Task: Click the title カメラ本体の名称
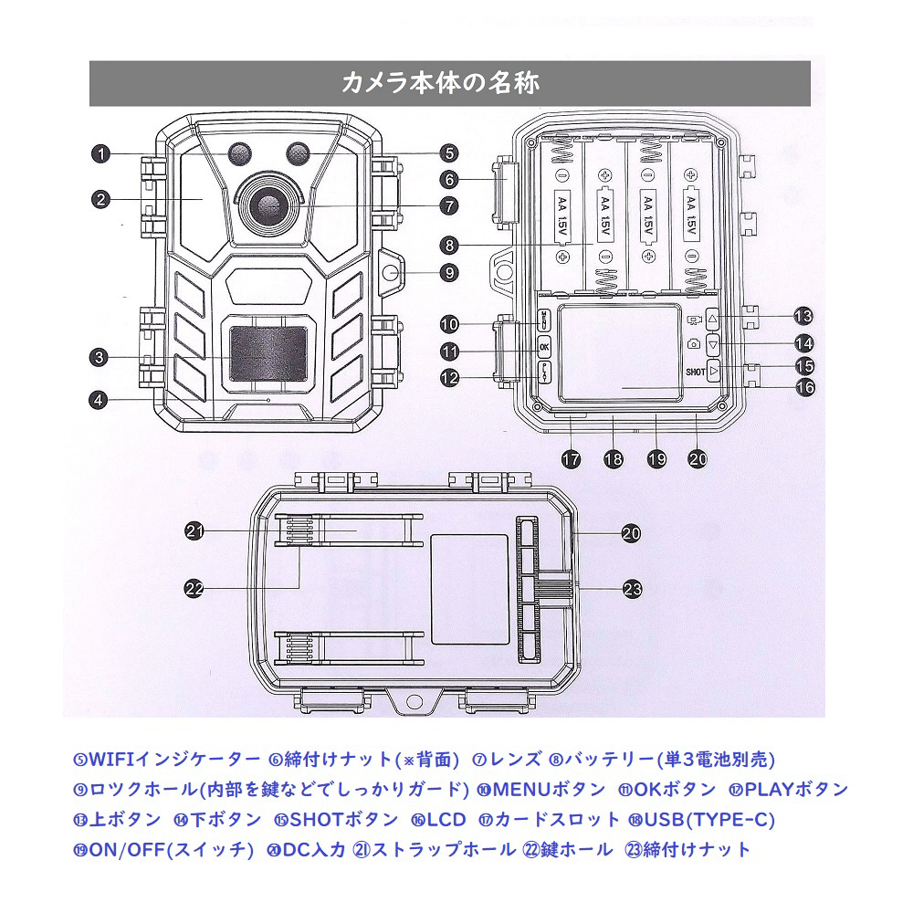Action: tap(440, 83)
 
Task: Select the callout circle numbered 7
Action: tap(447, 205)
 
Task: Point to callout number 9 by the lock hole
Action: tap(447, 271)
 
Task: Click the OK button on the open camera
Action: tap(544, 347)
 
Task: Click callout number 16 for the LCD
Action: tap(803, 387)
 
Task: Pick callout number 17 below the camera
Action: tap(572, 460)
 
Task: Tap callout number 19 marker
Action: tap(656, 460)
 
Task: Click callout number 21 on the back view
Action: tap(194, 530)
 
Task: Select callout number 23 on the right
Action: tap(632, 589)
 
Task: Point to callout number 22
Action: tap(194, 589)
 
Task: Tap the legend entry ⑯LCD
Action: tap(438, 819)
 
